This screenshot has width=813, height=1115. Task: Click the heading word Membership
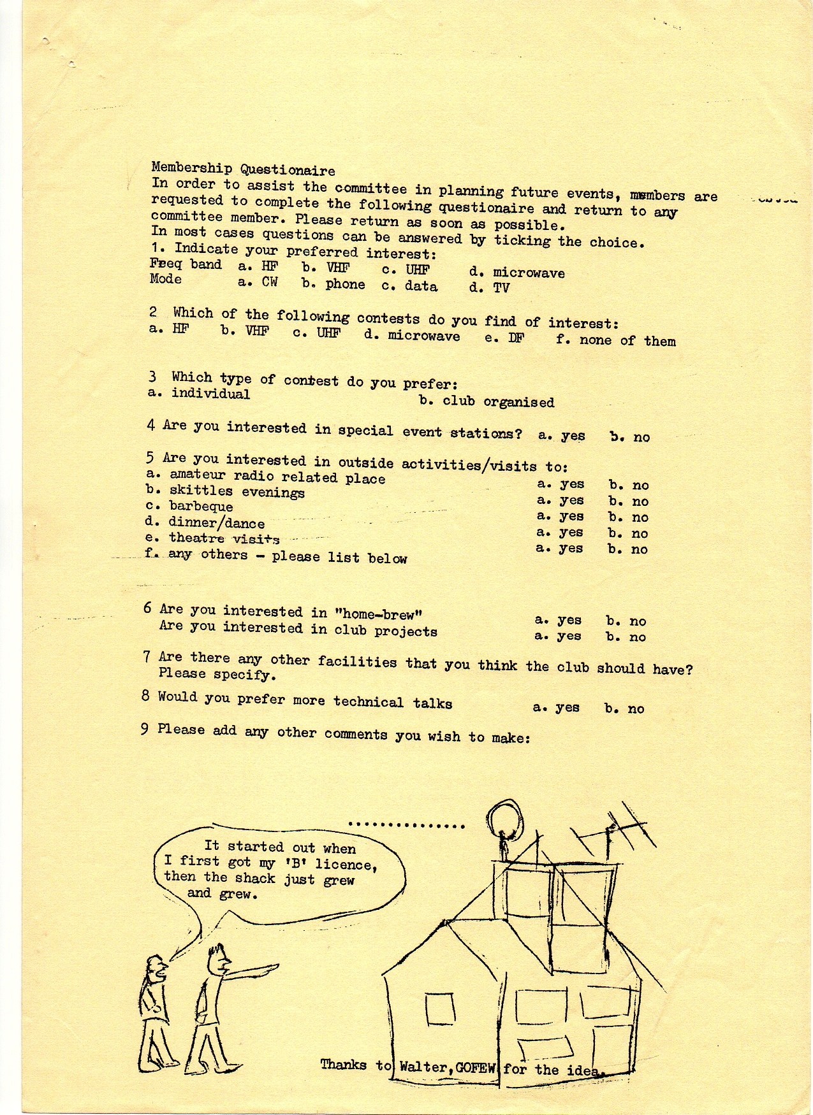point(191,168)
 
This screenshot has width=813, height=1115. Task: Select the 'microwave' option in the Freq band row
point(529,273)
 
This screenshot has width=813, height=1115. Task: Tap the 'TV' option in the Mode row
point(501,288)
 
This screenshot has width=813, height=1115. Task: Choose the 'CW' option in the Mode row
point(270,282)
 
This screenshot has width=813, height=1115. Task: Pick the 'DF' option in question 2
point(516,338)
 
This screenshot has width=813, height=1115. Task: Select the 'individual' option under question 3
point(210,394)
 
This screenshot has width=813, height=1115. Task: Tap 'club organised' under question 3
point(498,402)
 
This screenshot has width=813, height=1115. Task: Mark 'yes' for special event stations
point(573,436)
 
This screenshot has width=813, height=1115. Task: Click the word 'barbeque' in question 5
point(201,507)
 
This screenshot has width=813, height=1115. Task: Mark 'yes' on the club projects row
point(568,636)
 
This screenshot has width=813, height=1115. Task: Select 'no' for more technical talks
point(636,709)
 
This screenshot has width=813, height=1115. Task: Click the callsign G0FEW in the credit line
point(475,1068)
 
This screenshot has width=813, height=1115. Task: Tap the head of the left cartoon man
point(156,969)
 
